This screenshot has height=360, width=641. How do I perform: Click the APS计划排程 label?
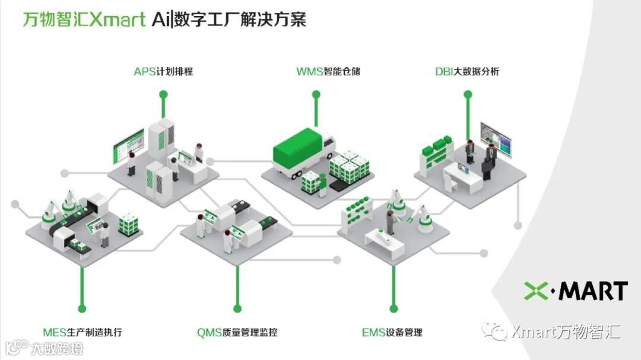163,72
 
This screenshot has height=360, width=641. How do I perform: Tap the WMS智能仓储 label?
328,72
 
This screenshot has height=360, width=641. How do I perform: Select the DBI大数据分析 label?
467,72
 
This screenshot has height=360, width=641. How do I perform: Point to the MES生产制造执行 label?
82,332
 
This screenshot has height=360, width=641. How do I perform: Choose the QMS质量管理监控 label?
237,332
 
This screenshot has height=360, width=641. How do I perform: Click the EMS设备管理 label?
392,332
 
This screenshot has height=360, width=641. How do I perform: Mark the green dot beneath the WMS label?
316,94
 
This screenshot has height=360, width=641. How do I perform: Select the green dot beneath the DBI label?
467,94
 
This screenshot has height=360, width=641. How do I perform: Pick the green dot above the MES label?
82,308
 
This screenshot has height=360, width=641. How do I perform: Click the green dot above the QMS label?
237,308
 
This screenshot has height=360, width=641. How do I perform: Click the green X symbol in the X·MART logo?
538,291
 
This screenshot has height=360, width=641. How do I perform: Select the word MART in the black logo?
594,291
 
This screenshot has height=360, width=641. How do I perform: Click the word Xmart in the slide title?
118,20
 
